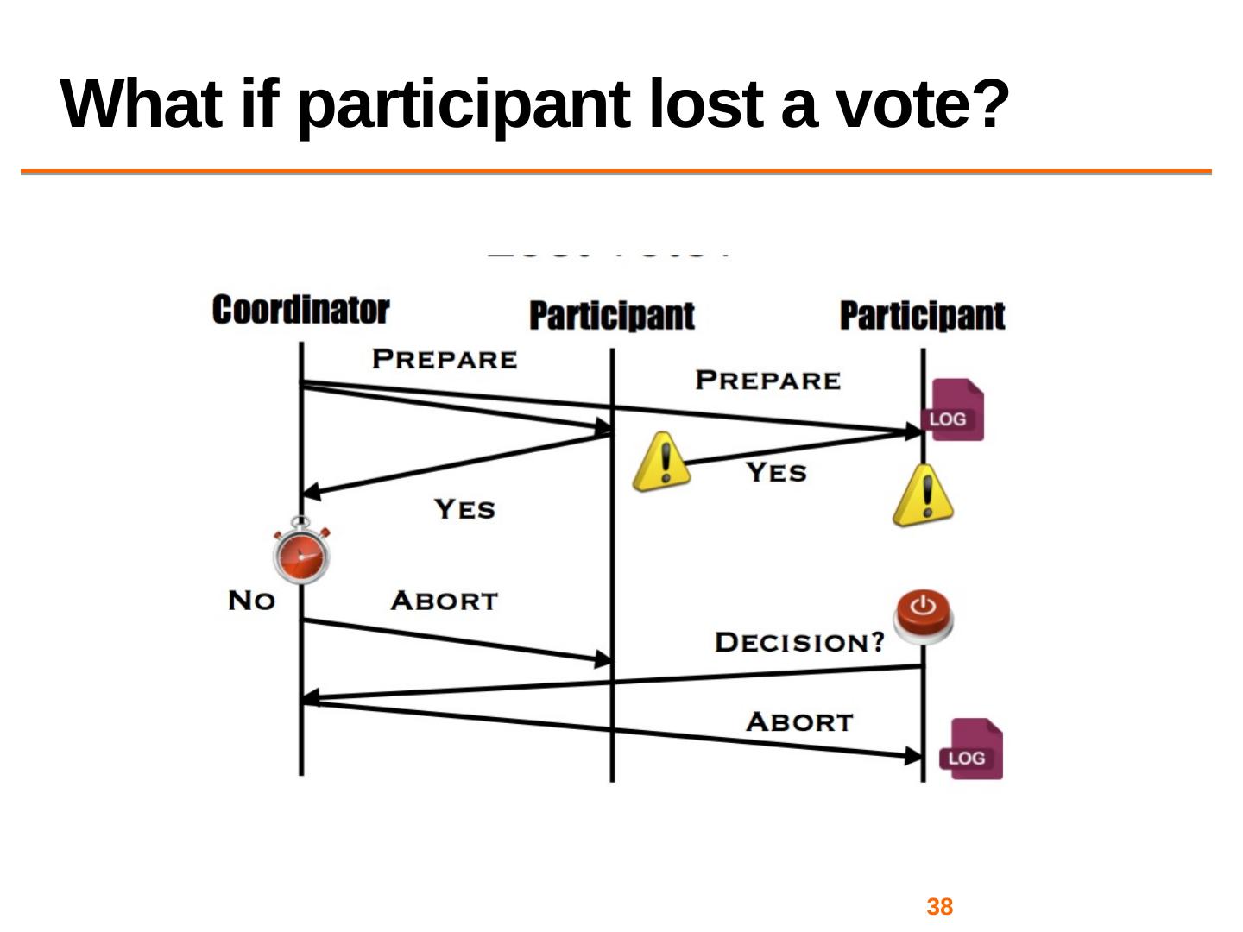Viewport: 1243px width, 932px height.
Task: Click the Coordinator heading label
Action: point(300,310)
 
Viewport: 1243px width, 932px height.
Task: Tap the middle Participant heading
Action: point(611,316)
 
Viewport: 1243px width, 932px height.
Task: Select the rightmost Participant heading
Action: point(922,316)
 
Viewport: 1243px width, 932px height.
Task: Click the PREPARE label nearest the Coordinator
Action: point(445,359)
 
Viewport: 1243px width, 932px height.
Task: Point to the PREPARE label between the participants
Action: point(767,381)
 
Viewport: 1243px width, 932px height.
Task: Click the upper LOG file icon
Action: point(953,410)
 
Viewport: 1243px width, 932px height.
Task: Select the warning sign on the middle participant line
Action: point(661,463)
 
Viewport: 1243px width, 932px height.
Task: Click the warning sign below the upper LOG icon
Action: point(924,495)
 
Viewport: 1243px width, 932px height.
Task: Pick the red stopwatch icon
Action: point(301,552)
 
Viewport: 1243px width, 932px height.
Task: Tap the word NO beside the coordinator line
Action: point(251,601)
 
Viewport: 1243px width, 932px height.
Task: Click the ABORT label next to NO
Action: point(444,601)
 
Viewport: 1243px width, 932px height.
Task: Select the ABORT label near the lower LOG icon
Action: point(799,721)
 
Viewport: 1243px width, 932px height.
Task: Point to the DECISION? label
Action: point(799,642)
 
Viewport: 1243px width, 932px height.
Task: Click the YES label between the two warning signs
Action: point(776,473)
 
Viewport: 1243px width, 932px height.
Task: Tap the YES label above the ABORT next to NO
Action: point(464,509)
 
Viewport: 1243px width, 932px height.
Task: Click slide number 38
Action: point(939,907)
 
